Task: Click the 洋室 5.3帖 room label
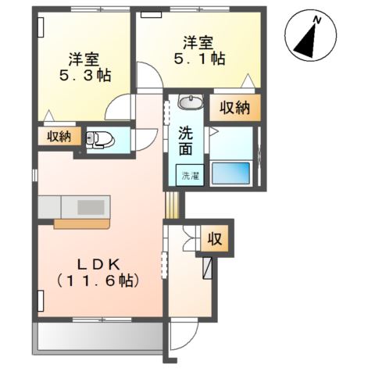pyautogui.click(x=85, y=67)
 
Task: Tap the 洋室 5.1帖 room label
pyautogui.click(x=199, y=51)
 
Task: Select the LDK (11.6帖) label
pyautogui.click(x=98, y=273)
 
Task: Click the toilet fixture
pyautogui.click(x=100, y=139)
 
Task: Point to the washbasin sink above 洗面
pyautogui.click(x=191, y=101)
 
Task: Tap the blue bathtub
pyautogui.click(x=230, y=173)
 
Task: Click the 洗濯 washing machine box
pyautogui.click(x=190, y=175)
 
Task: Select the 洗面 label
pyautogui.click(x=186, y=141)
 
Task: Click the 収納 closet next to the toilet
pyautogui.click(x=59, y=137)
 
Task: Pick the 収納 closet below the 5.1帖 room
pyautogui.click(x=235, y=107)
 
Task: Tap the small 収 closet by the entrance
pyautogui.click(x=215, y=238)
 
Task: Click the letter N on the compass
pyautogui.click(x=317, y=20)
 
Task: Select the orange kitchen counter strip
pyautogui.click(x=81, y=224)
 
